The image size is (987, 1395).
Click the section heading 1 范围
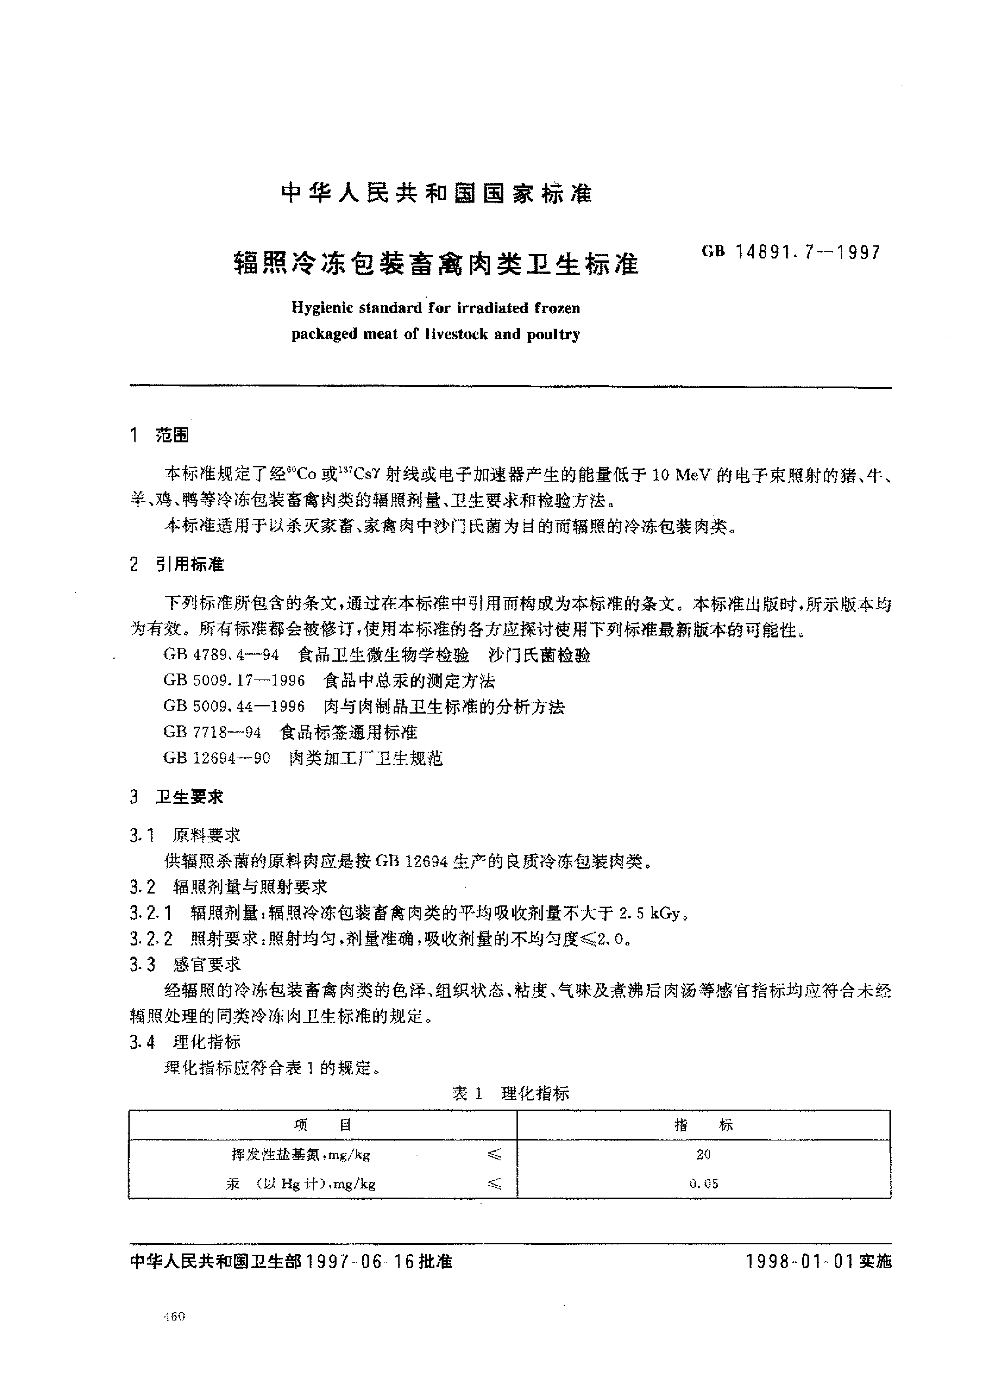coord(160,435)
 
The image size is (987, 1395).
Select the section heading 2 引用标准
coord(177,565)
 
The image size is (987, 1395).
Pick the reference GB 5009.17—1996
coord(234,681)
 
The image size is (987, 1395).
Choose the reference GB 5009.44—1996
coord(234,706)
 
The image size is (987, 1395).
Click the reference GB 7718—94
coord(212,732)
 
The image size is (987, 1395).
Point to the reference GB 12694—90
coord(216,758)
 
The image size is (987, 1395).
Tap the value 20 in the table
coord(704,1154)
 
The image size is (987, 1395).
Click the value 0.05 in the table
coord(704,1183)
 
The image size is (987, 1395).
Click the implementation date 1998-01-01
coord(800,1262)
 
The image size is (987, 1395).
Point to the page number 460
coord(174,1317)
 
